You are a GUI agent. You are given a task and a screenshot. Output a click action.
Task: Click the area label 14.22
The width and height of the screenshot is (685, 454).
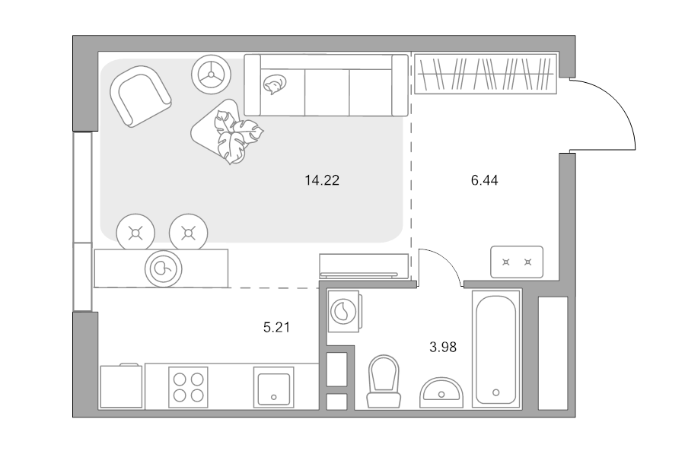(x=322, y=180)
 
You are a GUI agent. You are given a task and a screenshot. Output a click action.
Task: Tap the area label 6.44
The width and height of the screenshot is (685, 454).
(x=485, y=180)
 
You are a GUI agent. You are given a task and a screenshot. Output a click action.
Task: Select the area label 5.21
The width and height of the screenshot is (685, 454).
(x=276, y=327)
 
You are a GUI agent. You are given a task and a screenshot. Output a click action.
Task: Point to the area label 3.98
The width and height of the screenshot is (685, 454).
(x=443, y=347)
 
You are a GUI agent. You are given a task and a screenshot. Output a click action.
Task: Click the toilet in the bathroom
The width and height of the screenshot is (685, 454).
(x=384, y=382)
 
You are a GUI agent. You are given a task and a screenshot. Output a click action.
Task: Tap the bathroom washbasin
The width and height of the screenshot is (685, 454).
(x=441, y=392)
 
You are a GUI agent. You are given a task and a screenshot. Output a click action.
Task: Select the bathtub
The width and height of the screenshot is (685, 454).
(x=496, y=349)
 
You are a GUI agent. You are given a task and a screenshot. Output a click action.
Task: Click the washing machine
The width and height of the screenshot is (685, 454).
(x=345, y=312)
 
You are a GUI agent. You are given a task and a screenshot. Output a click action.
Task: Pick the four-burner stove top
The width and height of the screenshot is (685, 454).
(x=188, y=387)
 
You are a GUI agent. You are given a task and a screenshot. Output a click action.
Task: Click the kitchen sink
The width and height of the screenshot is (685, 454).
(x=273, y=387)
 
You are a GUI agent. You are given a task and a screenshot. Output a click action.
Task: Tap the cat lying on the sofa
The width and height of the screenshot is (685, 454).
(x=275, y=84)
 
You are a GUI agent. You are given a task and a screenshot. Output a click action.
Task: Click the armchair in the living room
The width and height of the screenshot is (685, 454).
(x=140, y=96)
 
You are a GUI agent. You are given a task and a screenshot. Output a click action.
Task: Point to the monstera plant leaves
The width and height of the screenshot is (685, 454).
(x=237, y=136)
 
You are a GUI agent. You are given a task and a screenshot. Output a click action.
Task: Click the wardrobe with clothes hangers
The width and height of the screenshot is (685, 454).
(x=485, y=73)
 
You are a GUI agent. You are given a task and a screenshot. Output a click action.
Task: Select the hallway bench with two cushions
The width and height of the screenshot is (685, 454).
(x=517, y=262)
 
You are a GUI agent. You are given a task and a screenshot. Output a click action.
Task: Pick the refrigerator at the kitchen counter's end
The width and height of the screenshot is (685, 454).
(x=122, y=386)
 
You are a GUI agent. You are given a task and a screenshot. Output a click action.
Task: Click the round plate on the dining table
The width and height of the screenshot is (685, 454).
(x=164, y=268)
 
